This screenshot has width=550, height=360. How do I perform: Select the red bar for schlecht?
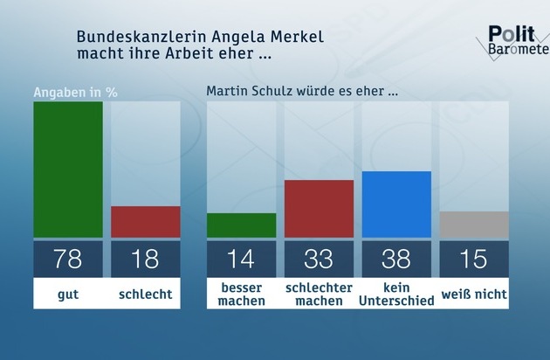tap(146, 222)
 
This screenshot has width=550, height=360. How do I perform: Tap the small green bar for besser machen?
tap(242, 225)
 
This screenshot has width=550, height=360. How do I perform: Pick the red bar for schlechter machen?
tap(319, 209)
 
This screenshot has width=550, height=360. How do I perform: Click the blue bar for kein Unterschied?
tap(396, 204)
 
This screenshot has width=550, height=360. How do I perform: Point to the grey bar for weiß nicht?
tap(474, 225)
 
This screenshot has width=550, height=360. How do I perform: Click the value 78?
tap(68, 260)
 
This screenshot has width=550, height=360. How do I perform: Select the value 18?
tap(146, 260)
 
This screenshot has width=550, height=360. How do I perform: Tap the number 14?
tap(242, 260)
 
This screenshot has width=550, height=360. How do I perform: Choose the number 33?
tap(319, 260)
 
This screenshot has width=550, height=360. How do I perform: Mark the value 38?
tap(396, 260)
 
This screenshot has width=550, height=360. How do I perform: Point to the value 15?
tap(474, 260)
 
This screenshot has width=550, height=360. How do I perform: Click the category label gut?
tap(68, 294)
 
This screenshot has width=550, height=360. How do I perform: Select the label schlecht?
tap(146, 294)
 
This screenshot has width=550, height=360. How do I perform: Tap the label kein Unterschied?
tap(396, 294)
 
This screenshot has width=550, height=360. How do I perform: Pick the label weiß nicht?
tap(474, 294)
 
